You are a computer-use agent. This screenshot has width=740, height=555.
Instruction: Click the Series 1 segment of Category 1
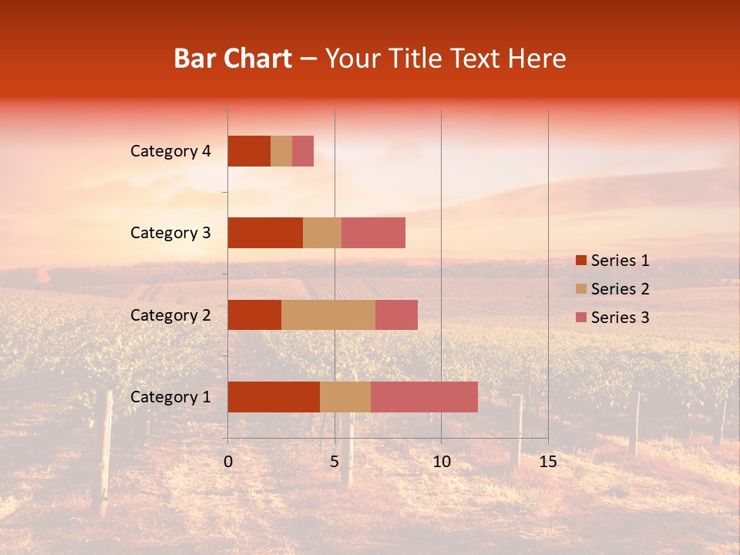274,397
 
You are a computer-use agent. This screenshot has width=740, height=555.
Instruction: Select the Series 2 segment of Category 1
345,397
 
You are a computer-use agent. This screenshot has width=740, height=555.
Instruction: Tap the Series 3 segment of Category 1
424,397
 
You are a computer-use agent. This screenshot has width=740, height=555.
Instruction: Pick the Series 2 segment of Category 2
328,314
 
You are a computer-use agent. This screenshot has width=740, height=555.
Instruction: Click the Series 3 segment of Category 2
396,314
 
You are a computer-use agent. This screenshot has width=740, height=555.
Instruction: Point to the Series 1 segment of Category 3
265,233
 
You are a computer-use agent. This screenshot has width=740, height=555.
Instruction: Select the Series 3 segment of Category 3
373,233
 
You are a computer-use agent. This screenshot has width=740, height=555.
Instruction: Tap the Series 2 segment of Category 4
281,151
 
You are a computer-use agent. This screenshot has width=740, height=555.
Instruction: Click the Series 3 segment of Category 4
303,151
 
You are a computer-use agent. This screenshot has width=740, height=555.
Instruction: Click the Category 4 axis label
170,151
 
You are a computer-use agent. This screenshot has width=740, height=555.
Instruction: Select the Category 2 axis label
170,314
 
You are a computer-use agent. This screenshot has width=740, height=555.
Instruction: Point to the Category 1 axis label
170,397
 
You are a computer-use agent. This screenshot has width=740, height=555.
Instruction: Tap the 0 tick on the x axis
228,462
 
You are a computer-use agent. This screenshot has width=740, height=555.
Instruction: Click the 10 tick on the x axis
441,462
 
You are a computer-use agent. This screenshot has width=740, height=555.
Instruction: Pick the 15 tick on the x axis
547,462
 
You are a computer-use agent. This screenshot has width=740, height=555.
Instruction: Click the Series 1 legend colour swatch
580,261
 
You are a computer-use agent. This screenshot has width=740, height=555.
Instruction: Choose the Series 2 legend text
620,289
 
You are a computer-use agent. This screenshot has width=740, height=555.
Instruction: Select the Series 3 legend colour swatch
580,318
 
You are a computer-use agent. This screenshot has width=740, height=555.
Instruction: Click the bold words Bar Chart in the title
233,59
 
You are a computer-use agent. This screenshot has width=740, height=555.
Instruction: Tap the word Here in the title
537,59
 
